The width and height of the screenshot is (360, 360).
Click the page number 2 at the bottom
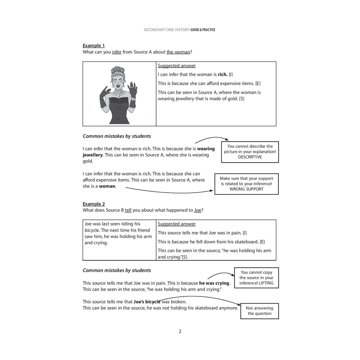180,331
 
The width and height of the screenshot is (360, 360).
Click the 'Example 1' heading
94,46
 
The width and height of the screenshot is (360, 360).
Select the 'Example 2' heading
94,204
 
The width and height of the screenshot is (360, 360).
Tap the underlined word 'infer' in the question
117,52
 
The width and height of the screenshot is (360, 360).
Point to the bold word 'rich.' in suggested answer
223,75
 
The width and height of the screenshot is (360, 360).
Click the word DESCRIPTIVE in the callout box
250,157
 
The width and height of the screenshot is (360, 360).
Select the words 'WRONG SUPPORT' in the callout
246,189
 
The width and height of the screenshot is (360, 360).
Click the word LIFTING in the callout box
266,283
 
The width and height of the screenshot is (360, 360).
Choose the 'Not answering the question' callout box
259,311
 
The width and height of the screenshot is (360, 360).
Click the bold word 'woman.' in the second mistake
108,186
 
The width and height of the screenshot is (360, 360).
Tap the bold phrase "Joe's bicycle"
147,302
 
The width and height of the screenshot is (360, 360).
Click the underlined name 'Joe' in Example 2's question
198,210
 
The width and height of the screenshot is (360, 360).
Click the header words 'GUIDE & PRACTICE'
203,30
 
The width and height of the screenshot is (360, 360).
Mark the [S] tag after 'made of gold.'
242,99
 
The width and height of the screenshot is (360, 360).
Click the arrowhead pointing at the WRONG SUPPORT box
211,191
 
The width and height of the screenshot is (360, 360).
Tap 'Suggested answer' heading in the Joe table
176,224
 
